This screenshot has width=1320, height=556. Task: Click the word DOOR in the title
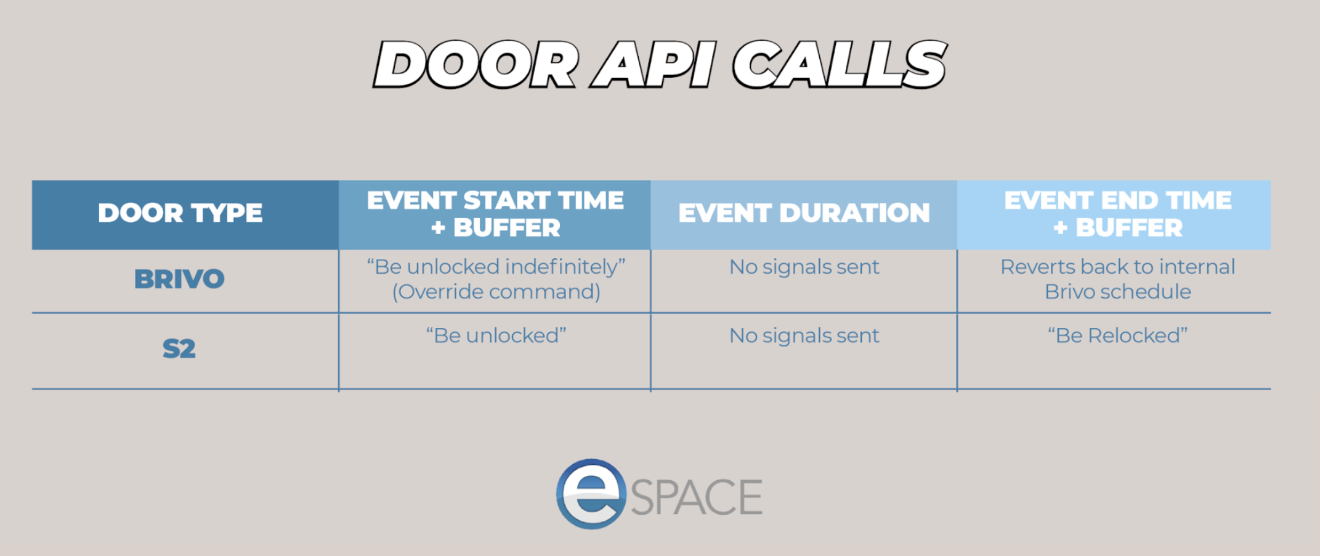coord(476,65)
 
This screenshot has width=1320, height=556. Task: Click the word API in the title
coord(654,65)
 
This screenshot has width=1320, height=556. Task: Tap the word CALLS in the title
coord(840,65)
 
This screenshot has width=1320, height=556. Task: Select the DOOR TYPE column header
coord(180,213)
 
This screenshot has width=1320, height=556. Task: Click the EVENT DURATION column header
coord(804,213)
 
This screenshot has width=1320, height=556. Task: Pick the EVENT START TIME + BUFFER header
coord(495,214)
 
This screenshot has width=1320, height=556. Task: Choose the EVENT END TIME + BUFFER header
coord(1118,214)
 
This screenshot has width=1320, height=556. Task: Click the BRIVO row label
coord(179,279)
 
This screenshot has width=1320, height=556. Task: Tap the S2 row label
coord(179,349)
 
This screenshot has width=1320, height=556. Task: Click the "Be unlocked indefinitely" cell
coord(496,267)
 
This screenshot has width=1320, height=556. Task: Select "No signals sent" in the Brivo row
coord(804,267)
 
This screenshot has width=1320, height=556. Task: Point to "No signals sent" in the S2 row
coord(804,335)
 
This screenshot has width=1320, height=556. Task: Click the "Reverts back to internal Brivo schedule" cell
coord(1117,279)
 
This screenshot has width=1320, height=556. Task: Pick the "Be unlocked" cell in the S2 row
coord(496,335)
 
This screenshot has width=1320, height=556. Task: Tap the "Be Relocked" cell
coord(1117,335)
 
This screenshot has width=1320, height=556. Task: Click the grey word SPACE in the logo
coord(697,497)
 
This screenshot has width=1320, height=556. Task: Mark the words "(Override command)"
coord(496,292)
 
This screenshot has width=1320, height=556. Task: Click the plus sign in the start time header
coord(438,228)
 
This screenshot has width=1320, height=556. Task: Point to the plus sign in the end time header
coord(1060,228)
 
